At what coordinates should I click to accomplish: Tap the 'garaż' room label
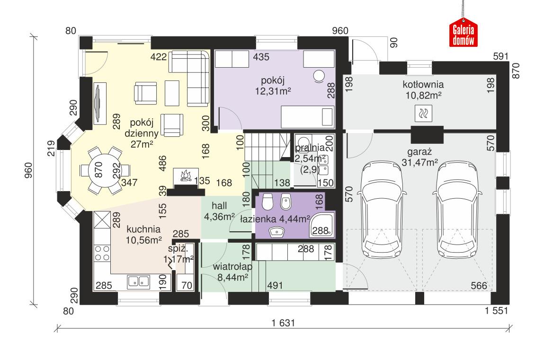click(x=418, y=152)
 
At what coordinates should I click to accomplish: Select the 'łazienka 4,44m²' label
click(x=275, y=219)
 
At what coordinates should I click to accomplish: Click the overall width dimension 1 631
click(x=284, y=323)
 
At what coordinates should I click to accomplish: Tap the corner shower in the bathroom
click(x=322, y=224)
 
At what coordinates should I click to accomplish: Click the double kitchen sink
click(x=138, y=282)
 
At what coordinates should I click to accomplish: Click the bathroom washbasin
click(x=276, y=232)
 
